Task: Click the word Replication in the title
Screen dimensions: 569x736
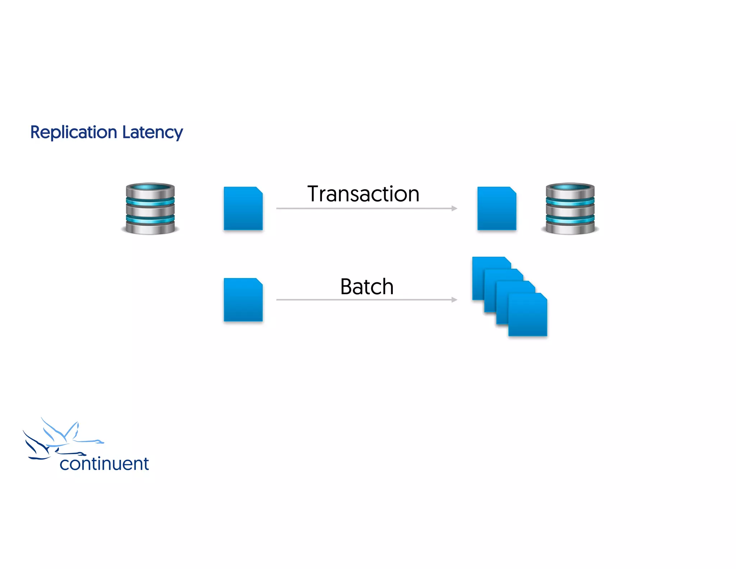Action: click(x=74, y=132)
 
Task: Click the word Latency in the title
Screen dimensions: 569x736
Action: click(x=152, y=132)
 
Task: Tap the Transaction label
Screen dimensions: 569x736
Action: click(x=363, y=194)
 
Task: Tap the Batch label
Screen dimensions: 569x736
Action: click(x=367, y=287)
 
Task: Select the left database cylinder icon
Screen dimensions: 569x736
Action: click(x=150, y=209)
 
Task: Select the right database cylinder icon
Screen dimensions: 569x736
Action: click(x=570, y=209)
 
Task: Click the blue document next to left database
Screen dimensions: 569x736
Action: click(x=243, y=209)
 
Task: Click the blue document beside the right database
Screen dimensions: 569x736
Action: click(x=497, y=209)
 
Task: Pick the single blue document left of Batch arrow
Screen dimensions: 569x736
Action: click(x=243, y=300)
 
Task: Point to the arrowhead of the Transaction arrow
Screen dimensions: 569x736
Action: click(x=455, y=208)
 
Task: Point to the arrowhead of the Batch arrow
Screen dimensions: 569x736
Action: click(x=455, y=300)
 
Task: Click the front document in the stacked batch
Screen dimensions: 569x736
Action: click(x=528, y=317)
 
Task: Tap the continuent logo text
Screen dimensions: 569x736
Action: click(x=104, y=464)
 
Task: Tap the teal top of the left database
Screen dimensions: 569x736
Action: click(x=150, y=187)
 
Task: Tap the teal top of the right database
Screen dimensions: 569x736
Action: click(x=570, y=187)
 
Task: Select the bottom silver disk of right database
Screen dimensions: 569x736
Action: click(x=570, y=229)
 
